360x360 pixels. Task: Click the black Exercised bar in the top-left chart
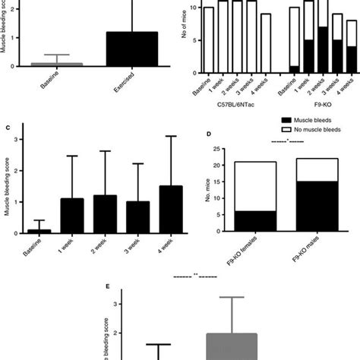tap(131, 49)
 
